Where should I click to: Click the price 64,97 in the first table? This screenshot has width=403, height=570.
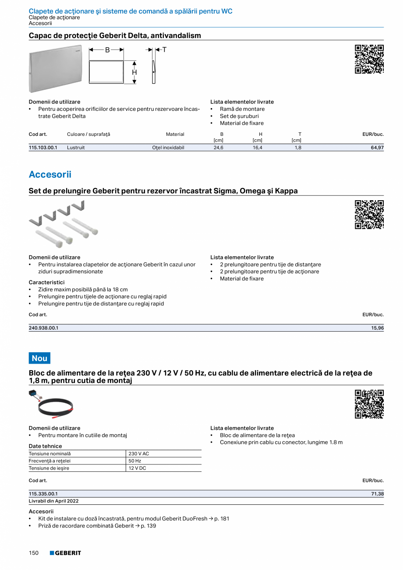point(377,148)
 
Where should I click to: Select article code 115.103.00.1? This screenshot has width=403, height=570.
point(43,148)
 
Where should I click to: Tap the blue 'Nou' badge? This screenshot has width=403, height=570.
point(39,358)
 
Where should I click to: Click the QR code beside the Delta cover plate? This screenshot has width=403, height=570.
point(369,59)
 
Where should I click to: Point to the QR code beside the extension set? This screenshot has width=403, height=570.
point(369,215)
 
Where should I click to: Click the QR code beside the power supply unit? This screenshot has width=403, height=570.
point(369,404)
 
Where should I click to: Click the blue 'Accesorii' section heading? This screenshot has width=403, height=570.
point(50,174)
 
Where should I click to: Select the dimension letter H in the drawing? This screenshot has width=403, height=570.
point(134,72)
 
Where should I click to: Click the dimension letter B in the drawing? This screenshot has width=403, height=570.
point(107,50)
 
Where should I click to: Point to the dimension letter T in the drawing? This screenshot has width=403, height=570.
point(164,50)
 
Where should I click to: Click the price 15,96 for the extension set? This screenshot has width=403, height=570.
point(377,328)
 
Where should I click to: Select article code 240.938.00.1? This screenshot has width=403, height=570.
point(43,328)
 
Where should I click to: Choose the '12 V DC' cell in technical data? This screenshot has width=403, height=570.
point(138,468)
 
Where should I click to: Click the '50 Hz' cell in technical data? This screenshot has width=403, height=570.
point(135,461)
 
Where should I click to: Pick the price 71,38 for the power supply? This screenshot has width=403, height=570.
point(377,494)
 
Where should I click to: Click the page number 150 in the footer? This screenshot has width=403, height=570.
point(34,553)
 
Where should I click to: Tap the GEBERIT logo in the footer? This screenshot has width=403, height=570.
point(65,553)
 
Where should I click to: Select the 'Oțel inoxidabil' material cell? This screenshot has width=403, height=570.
point(168,148)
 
